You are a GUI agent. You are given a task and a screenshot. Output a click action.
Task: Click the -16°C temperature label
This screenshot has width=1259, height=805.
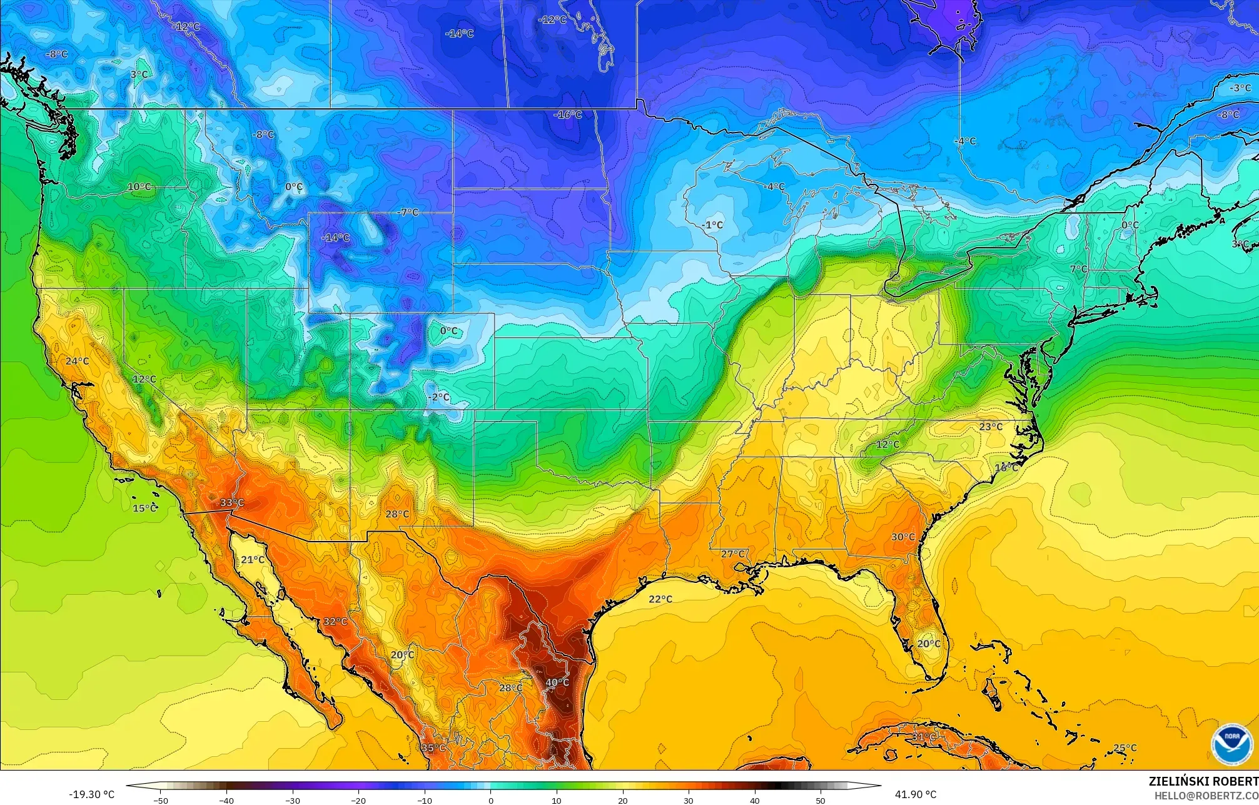pos(567,115)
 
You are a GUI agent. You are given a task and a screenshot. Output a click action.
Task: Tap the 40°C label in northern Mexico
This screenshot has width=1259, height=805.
pos(557,682)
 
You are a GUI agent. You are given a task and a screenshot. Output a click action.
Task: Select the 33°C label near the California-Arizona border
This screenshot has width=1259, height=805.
pos(232,503)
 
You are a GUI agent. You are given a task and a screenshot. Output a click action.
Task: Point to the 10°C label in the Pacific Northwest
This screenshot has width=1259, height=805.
pos(139,186)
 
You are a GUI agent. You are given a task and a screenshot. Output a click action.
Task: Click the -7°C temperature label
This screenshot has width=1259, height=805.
pos(408,213)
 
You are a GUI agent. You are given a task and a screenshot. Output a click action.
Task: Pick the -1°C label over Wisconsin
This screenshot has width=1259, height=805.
pos(712,225)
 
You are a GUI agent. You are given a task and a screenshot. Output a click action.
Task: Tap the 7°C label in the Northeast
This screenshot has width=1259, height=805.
pos(1078,269)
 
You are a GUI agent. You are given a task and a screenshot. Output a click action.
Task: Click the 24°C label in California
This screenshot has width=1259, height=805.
pos(78,362)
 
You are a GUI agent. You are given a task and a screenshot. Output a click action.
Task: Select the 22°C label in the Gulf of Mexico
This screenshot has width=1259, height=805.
pos(660,599)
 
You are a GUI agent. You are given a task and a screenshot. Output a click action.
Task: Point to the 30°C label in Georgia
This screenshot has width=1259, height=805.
pos(903,537)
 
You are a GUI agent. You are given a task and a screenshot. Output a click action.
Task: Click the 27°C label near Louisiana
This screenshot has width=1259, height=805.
pos(732,554)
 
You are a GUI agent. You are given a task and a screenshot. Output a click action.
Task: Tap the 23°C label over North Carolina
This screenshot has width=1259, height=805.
pos(991,427)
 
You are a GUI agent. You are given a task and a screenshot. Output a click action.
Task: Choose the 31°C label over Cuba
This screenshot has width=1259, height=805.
pos(923,737)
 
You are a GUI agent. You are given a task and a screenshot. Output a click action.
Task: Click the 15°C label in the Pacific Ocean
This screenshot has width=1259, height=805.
pos(144,509)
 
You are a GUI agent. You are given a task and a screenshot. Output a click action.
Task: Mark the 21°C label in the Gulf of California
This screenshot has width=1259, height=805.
pos(253,560)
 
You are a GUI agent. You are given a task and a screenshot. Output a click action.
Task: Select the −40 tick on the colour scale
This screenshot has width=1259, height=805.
pos(226,800)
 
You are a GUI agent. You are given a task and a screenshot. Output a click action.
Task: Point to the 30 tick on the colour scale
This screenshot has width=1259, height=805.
pos(689,800)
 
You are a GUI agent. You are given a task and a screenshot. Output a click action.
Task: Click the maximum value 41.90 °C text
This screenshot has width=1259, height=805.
pos(915,794)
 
